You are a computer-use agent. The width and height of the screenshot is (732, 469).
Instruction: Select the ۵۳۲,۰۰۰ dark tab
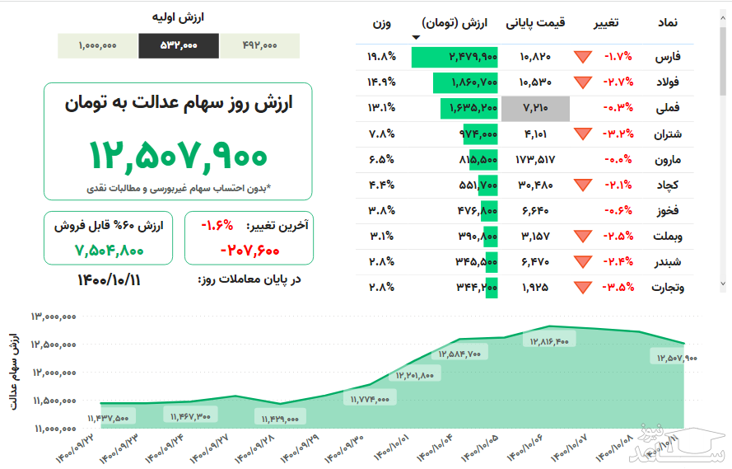click(x=179, y=46)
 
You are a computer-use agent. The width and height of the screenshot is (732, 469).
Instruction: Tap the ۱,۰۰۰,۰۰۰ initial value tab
click(x=98, y=46)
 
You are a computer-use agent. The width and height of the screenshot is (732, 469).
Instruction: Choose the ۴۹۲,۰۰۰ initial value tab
click(x=260, y=46)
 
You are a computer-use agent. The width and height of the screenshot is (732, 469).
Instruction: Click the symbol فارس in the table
click(x=668, y=58)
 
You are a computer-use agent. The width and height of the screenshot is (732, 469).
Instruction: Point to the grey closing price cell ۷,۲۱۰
click(x=543, y=108)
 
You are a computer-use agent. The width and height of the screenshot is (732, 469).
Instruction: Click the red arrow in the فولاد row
click(x=584, y=82)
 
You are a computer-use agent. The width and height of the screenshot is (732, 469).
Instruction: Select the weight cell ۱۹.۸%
click(x=382, y=58)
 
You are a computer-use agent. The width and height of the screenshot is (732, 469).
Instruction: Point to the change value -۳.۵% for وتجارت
click(x=618, y=288)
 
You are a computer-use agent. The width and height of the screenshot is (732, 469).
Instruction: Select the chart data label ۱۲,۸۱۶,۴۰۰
click(x=549, y=341)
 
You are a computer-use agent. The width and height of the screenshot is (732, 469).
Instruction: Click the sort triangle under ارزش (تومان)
click(x=416, y=37)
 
